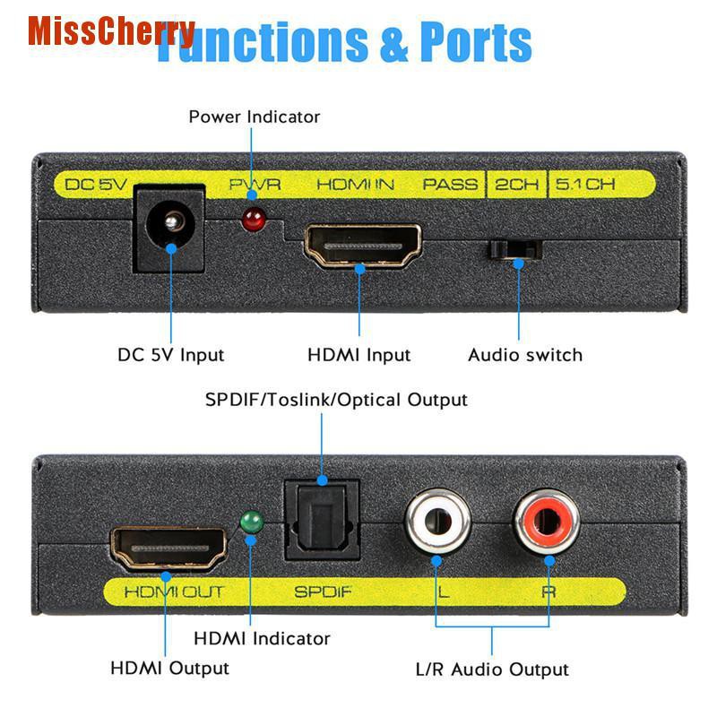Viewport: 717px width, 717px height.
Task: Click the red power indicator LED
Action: (x=254, y=219)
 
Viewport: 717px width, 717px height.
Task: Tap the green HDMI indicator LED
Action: (x=252, y=523)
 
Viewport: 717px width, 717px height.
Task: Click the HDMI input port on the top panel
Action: (x=363, y=246)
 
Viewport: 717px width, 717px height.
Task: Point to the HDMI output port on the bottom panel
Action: (x=168, y=549)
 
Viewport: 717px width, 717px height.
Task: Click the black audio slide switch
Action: (x=513, y=248)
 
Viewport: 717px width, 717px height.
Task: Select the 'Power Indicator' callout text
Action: (x=254, y=117)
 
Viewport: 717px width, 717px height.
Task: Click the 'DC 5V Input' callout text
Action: (x=171, y=355)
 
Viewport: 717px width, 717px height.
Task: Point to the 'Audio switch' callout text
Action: (x=525, y=355)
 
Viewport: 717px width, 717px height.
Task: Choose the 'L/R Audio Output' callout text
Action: (x=492, y=669)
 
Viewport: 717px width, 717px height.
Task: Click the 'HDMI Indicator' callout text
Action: (x=262, y=639)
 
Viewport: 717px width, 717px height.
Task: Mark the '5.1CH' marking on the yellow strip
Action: (x=585, y=186)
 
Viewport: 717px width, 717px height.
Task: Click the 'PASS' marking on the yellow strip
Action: (x=451, y=186)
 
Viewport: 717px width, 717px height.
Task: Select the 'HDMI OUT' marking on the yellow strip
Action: (x=173, y=592)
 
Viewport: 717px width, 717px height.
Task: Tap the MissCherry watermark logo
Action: (x=110, y=31)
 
